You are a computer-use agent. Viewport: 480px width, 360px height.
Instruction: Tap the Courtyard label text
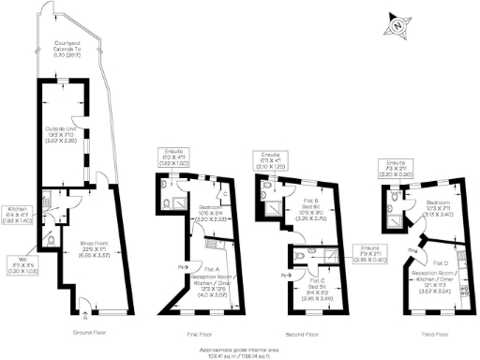coord(65,48)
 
